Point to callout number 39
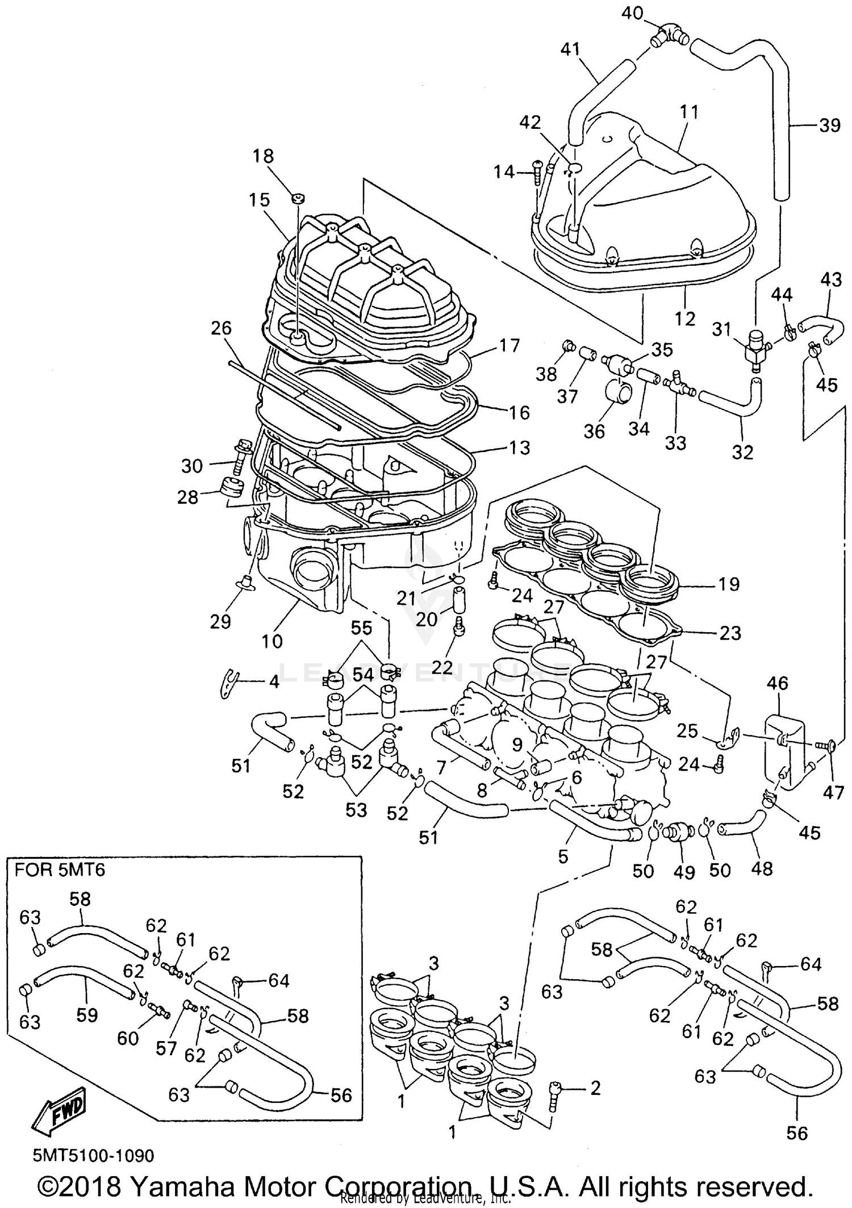tap(830, 125)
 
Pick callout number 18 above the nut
tap(263, 156)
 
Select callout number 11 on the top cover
tap(689, 112)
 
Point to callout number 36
tap(594, 431)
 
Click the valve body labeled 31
tap(754, 349)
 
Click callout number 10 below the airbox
tap(272, 641)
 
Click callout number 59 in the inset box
tap(87, 1015)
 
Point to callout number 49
tap(684, 872)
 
